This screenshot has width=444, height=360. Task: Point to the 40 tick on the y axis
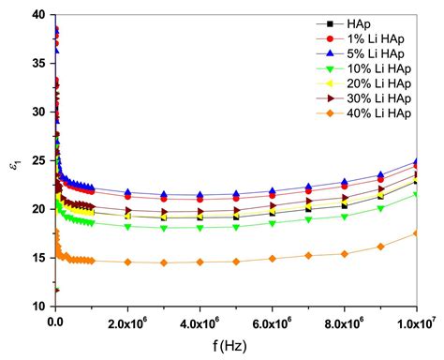point(37,14)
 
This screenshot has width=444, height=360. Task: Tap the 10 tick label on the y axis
point(37,307)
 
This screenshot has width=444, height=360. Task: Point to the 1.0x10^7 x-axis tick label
point(416,322)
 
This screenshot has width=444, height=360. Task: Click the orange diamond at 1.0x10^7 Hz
point(416,233)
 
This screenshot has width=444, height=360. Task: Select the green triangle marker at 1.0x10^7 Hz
point(416,195)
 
